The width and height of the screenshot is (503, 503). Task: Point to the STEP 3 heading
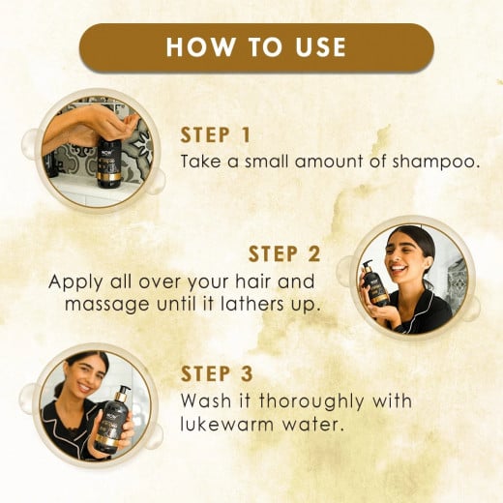[x=218, y=373]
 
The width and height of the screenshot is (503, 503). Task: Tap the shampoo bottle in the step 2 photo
[x=374, y=286]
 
